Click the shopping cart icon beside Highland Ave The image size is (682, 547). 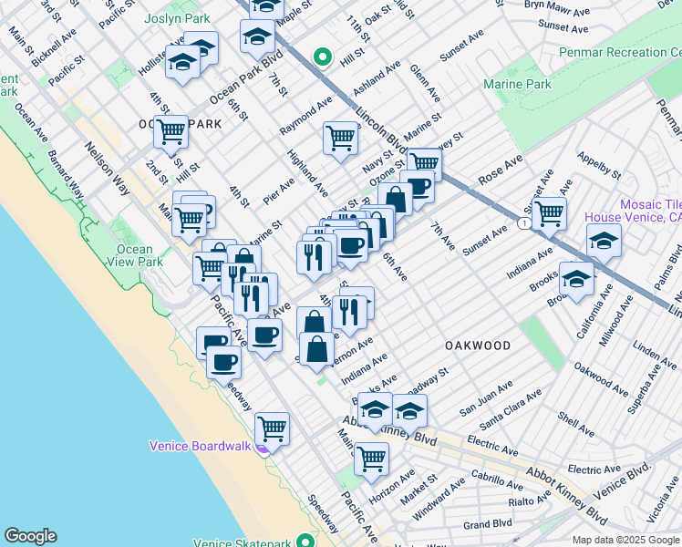340,139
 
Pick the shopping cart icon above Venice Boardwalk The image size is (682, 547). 272,428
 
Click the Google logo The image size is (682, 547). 30,536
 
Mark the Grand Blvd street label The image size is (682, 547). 487,525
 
